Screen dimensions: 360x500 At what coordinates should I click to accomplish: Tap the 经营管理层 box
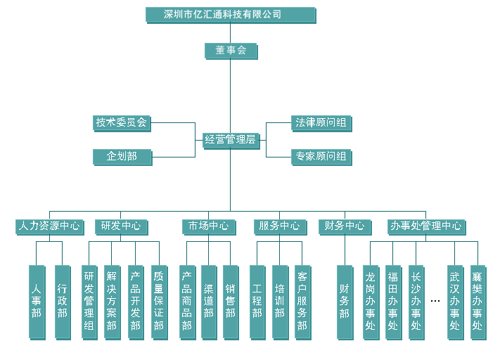coord(230,140)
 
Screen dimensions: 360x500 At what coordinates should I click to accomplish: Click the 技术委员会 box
coord(122,122)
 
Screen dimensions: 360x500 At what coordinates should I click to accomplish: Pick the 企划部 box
coord(122,157)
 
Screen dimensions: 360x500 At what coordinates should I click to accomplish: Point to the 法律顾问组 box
coord(321,123)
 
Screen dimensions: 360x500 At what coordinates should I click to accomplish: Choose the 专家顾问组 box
coord(321,157)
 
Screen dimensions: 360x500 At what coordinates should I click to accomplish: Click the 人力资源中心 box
coord(49,226)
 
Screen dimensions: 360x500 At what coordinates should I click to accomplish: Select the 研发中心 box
coord(121,226)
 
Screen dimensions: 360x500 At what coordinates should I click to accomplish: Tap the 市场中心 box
coord(209,226)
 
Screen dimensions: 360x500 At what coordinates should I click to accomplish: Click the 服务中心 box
coord(280,226)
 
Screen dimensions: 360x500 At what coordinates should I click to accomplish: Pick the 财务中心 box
coord(345,226)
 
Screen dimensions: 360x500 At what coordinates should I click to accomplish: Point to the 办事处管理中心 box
coord(426,226)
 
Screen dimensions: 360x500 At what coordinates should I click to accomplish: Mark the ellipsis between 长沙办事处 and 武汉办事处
coord(435,301)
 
